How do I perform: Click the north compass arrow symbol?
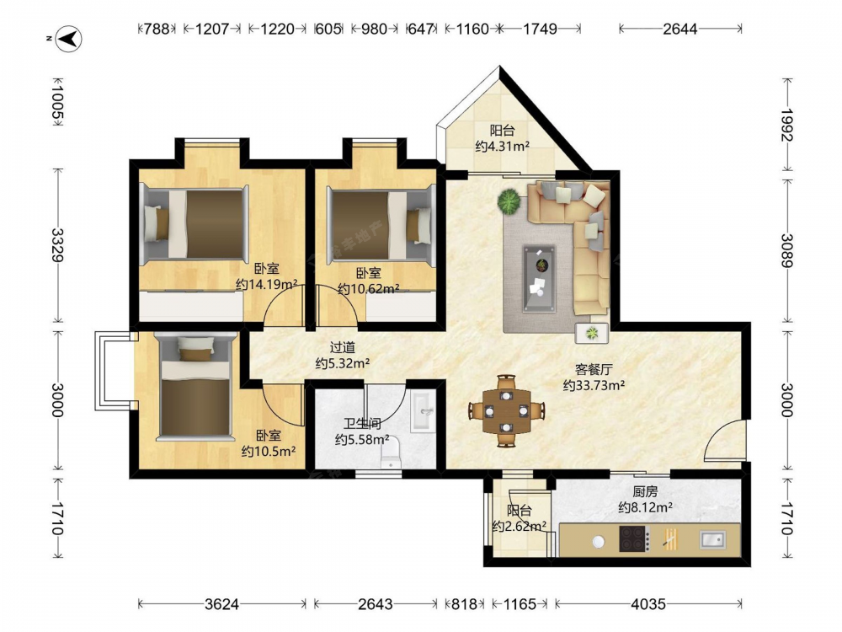69,39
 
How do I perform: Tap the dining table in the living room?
506,411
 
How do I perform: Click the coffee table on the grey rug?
539,278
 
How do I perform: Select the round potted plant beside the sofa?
509,202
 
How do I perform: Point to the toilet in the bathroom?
391,453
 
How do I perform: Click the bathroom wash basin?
424,412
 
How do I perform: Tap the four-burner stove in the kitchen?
634,538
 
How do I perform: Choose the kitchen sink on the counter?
713,539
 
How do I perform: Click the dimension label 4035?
648,604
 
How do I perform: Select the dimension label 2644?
679,29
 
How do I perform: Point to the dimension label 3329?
57,245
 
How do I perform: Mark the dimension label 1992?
787,125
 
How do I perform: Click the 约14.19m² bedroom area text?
267,284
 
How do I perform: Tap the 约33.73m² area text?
594,385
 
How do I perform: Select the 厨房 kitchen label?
645,491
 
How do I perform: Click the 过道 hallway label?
342,348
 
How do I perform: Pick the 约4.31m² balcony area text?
503,146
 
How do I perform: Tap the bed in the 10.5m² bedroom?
195,388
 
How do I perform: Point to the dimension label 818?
464,604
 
